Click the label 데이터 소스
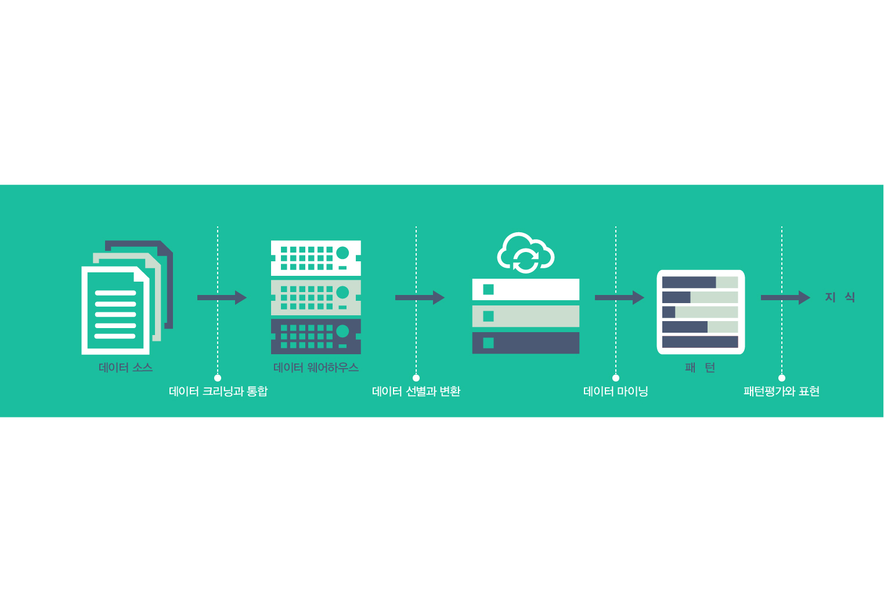(125, 368)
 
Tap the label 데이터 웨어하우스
(316, 368)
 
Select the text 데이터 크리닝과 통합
(218, 391)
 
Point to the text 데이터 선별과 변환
(416, 391)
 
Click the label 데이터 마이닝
(615, 391)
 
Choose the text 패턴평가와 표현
(781, 391)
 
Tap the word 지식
(840, 297)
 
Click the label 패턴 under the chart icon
(700, 368)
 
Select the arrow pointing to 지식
(785, 297)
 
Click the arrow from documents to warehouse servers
(222, 297)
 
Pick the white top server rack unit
(316, 258)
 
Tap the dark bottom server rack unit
(316, 336)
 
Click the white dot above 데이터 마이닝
(616, 378)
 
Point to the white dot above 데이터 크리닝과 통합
(218, 378)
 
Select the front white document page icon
(115, 311)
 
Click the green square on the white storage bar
(488, 289)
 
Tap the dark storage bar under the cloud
(525, 343)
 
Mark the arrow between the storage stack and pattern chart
(619, 297)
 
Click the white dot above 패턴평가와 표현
(782, 378)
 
